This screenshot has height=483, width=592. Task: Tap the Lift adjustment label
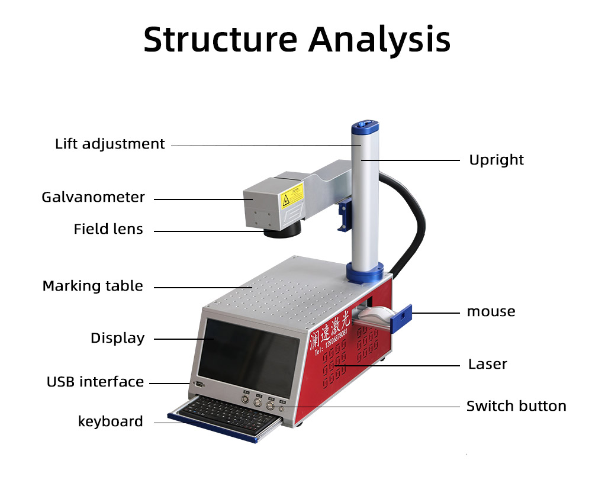point(110,144)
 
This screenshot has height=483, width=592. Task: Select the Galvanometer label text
point(93,197)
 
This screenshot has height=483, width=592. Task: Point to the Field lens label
point(108,229)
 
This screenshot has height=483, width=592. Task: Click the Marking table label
point(92,286)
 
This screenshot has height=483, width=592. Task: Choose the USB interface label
point(95,382)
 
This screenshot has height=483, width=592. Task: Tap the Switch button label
point(516,406)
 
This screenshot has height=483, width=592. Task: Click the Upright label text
point(496,160)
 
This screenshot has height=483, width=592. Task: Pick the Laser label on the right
point(487,364)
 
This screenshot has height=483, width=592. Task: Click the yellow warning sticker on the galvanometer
point(292,195)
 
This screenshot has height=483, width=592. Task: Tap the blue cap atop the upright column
point(365,127)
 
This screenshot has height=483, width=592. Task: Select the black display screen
point(249,355)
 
